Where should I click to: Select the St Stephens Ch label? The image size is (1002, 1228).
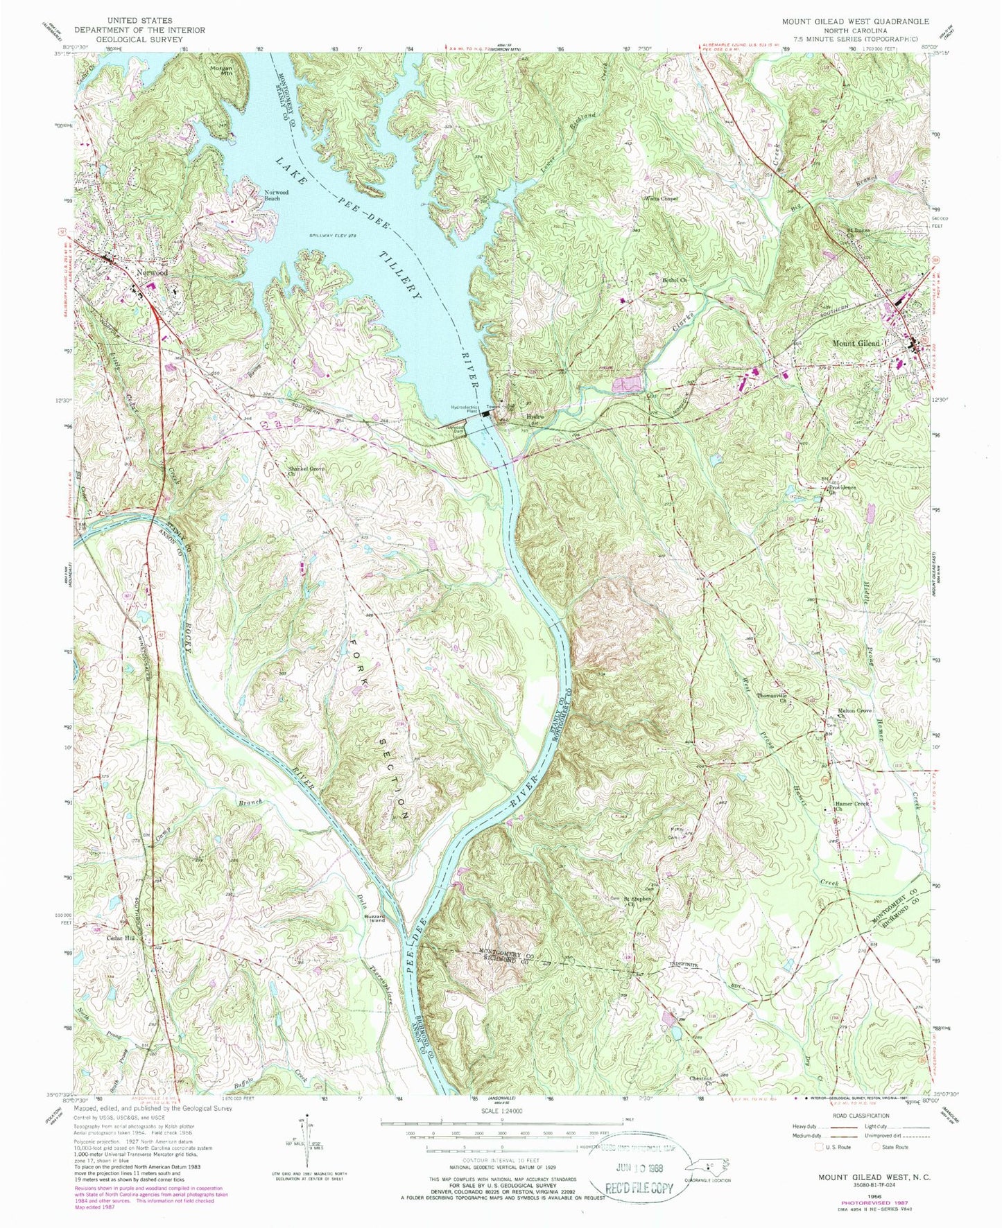(637, 900)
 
